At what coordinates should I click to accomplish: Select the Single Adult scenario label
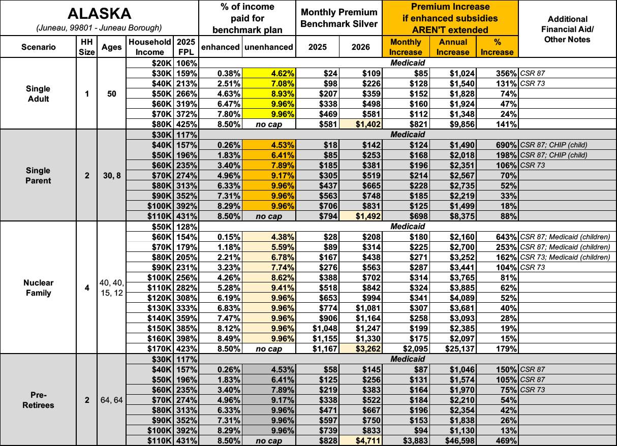point(38,93)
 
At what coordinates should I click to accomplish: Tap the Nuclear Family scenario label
point(38,288)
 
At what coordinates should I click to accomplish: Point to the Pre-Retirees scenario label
point(38,400)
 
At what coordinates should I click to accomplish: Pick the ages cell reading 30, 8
point(111,175)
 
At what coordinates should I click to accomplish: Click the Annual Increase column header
point(452,47)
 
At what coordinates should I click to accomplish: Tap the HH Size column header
point(87,47)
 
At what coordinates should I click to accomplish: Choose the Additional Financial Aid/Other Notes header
point(567,29)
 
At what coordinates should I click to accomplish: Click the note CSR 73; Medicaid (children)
point(565,257)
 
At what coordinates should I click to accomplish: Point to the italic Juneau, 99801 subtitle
point(99,27)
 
